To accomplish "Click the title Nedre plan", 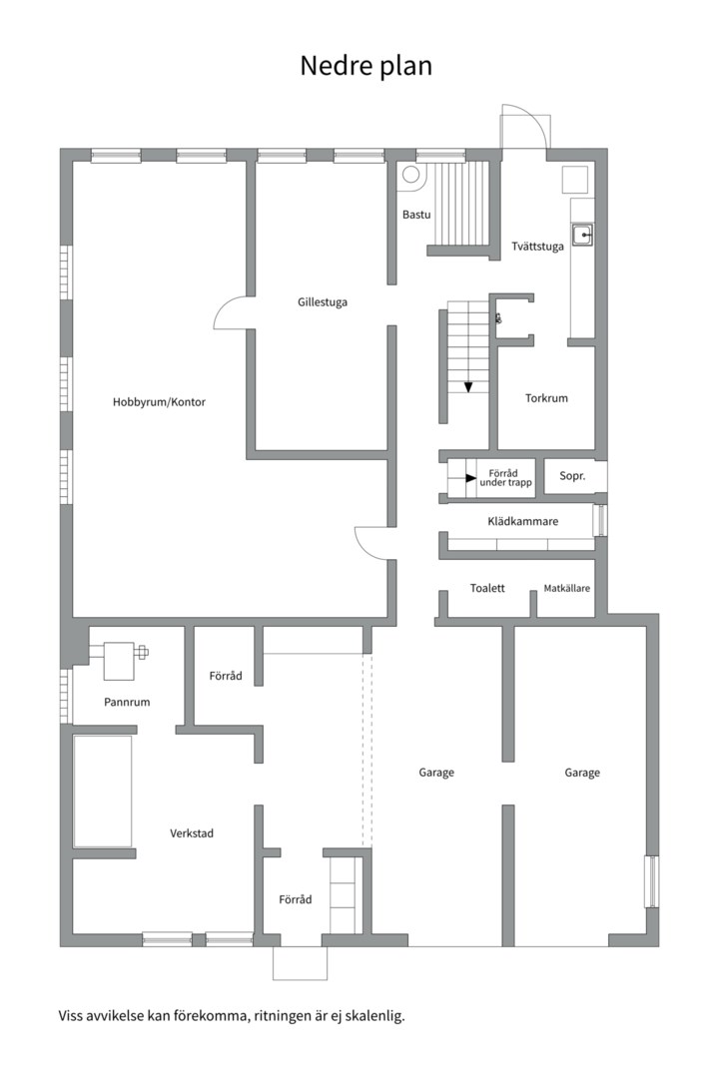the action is (x=366, y=66).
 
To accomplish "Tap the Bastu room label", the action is (x=416, y=215).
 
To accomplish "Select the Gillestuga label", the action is (x=322, y=301).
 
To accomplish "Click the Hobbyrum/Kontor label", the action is (x=159, y=402).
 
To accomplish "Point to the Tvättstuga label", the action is (x=537, y=247).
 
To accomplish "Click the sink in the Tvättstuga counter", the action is (x=583, y=236).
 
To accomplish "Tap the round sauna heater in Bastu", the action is (x=411, y=175).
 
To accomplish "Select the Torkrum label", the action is (x=546, y=398).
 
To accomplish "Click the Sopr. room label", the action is (x=572, y=476).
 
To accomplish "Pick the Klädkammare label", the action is (x=523, y=521).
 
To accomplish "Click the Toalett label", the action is (x=487, y=589).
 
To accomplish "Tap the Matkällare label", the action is (x=567, y=589).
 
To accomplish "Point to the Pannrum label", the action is (x=127, y=702).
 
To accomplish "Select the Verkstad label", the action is (x=192, y=833).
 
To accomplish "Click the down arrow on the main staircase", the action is (x=468, y=387).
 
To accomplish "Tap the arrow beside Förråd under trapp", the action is (x=470, y=478).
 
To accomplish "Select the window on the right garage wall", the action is (x=650, y=881).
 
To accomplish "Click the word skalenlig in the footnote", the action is (x=377, y=1016).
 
